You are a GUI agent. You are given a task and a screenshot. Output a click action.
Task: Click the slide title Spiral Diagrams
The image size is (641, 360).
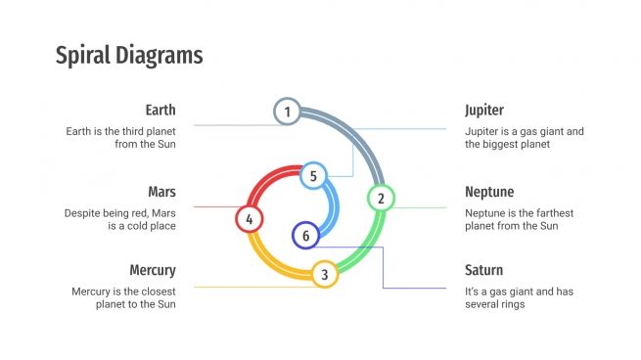pos(129,55)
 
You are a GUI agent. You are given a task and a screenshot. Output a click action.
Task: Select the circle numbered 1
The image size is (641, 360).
pos(287,112)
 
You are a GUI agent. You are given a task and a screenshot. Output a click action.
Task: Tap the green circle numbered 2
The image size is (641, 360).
pos(380,199)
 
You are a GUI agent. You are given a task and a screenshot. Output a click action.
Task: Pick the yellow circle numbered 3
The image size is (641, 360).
pos(325,274)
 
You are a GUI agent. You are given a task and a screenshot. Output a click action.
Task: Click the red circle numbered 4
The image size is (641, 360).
pos(250,219)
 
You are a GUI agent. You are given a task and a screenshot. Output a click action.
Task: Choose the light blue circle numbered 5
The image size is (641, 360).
pos(312,176)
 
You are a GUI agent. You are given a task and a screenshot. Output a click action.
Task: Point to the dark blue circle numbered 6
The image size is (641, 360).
pos(305,236)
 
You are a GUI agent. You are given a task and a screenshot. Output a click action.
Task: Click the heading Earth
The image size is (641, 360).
pos(160,110)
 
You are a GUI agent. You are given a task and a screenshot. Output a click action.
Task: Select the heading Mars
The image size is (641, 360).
pos(161,192)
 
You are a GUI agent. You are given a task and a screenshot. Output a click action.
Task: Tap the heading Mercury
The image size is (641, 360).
pos(153,270)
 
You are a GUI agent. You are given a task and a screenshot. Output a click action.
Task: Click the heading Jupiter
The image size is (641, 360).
pos(484,110)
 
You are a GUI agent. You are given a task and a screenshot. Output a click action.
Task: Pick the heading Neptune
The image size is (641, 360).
pos(489,192)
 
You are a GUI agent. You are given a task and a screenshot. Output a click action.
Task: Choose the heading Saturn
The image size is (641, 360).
pos(483,270)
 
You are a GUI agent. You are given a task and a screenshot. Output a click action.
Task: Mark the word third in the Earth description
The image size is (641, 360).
pos(126,130)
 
